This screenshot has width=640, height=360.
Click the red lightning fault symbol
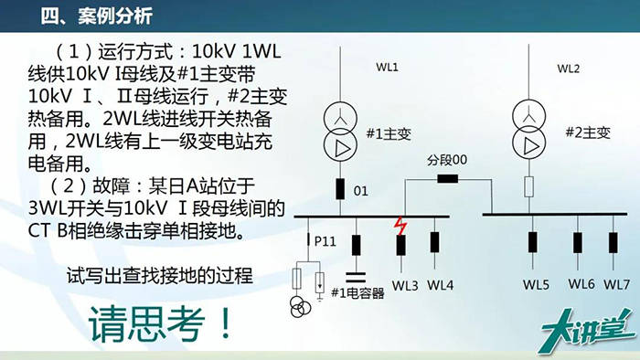tap(399, 226)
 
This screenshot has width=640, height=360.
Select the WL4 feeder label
tap(440, 284)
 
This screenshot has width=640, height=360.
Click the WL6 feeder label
tap(581, 284)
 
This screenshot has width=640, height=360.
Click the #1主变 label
tap(389, 133)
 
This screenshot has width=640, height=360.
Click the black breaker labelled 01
tap(339, 190)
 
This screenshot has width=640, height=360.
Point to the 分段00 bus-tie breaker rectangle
tap(448, 177)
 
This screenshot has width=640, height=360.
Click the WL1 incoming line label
tap(389, 69)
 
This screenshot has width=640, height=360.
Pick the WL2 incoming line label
tap(569, 69)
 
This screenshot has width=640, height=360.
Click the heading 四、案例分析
tap(96, 16)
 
